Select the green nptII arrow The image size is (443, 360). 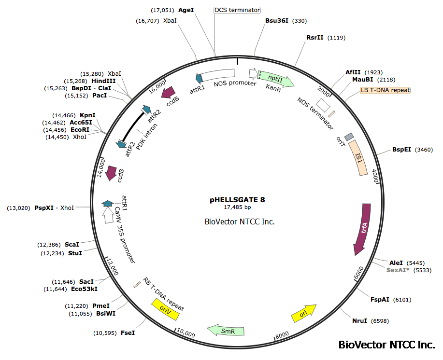point(275,78)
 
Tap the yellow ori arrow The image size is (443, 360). point(304,314)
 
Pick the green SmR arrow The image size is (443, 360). point(226,331)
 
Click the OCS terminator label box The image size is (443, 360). point(237,10)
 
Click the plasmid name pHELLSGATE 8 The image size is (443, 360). point(237,199)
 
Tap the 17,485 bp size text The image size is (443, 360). point(237,207)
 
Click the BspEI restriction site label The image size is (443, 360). point(401,150)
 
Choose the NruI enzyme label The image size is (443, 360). point(360,320)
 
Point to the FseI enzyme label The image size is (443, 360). point(128,333)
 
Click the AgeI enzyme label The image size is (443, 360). point(186,10)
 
